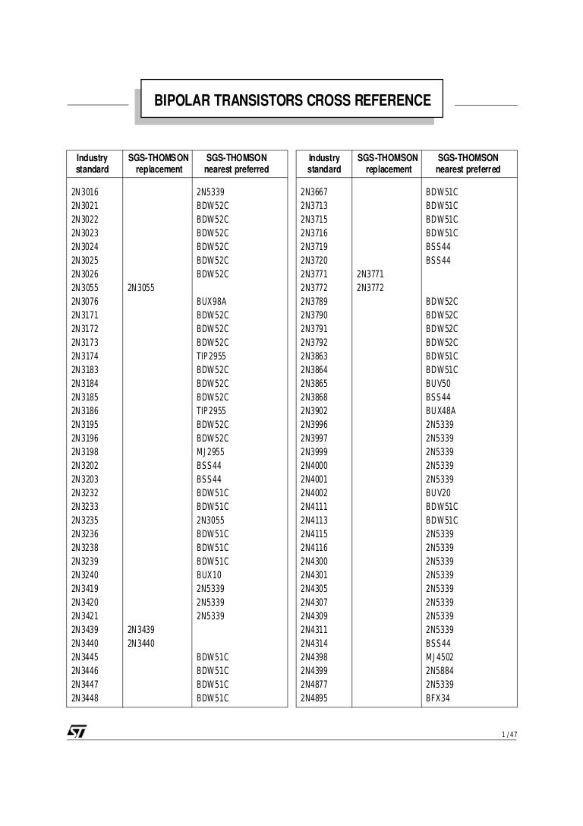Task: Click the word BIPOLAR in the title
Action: pyautogui.click(x=181, y=100)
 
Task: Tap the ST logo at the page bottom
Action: pyautogui.click(x=77, y=731)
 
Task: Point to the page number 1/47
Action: pyautogui.click(x=509, y=734)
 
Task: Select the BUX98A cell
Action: pyautogui.click(x=211, y=302)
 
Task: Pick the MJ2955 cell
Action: pyautogui.click(x=210, y=452)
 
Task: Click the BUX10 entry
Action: pyautogui.click(x=209, y=575)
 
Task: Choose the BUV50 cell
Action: pyautogui.click(x=438, y=384)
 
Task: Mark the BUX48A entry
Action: pyautogui.click(x=440, y=411)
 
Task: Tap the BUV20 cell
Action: pyautogui.click(x=438, y=493)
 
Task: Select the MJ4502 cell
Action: pyautogui.click(x=440, y=657)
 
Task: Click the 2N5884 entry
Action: pyautogui.click(x=440, y=671)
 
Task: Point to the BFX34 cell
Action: pyautogui.click(x=438, y=698)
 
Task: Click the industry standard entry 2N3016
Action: pyautogui.click(x=85, y=192)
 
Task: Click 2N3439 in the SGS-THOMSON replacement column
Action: pyautogui.click(x=140, y=630)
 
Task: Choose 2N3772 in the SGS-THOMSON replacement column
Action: pyautogui.click(x=370, y=288)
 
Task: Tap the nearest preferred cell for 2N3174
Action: pyautogui.click(x=211, y=356)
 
